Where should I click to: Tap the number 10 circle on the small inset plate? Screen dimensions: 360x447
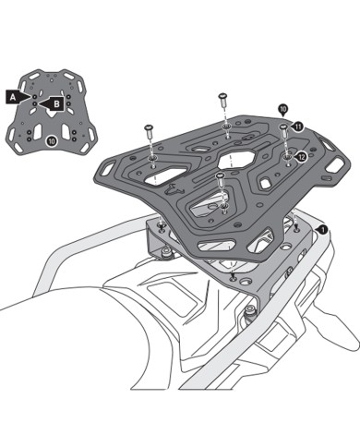[51, 139]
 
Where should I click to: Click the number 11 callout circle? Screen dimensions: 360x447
[298, 126]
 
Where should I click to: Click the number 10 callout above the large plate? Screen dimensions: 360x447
[282, 109]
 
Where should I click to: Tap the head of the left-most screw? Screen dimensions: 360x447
[148, 127]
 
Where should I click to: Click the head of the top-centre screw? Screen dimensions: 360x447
[222, 94]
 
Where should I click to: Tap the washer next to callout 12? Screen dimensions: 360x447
[288, 158]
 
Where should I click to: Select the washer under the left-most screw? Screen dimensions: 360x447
[149, 159]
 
